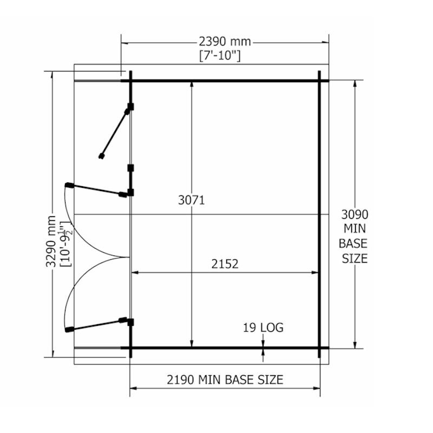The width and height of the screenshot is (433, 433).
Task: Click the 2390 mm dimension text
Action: pyautogui.click(x=225, y=42)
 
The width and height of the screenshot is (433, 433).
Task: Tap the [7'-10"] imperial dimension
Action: pyautogui.click(x=220, y=56)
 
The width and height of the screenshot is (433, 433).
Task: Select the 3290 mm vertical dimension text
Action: pyautogui.click(x=51, y=241)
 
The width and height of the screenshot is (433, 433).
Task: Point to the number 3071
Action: pyautogui.click(x=192, y=200)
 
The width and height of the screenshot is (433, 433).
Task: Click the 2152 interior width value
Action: pyautogui.click(x=225, y=264)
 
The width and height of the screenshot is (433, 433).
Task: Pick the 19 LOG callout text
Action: pyautogui.click(x=263, y=327)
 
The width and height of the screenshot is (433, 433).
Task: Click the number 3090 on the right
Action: pyautogui.click(x=355, y=214)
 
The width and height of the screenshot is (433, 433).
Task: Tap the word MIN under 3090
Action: pyautogui.click(x=355, y=228)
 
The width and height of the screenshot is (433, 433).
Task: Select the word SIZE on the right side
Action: pyautogui.click(x=355, y=259)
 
